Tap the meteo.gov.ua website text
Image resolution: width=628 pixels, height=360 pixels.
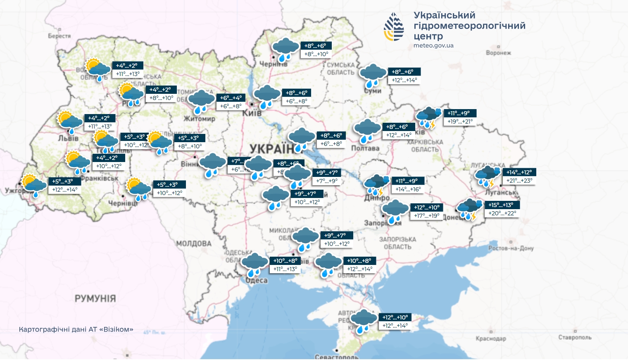pyautogui.click(x=433, y=45)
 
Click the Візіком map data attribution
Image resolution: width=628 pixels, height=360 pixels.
pyautogui.click(x=76, y=329)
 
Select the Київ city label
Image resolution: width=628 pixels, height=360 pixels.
pyautogui.click(x=252, y=113)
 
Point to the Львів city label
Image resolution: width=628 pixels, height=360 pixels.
pyautogui.click(x=68, y=138)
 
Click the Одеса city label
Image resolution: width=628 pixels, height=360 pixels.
pyautogui.click(x=257, y=280)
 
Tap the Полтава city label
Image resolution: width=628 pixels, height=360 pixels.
pyautogui.click(x=365, y=148)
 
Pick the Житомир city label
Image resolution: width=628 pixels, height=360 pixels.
pyautogui.click(x=199, y=119)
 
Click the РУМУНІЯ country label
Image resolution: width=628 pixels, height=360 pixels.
pyautogui.click(x=95, y=298)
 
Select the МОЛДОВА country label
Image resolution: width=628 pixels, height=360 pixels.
pyautogui.click(x=194, y=244)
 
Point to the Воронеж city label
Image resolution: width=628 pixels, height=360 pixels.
pyautogui.click(x=498, y=53)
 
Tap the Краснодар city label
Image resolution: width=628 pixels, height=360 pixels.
pyautogui.click(x=491, y=339)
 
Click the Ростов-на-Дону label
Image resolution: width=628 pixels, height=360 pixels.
pyautogui.click(x=511, y=248)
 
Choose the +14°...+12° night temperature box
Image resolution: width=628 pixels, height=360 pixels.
pyautogui.click(x=519, y=172)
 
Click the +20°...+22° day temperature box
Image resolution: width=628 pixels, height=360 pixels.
pyautogui.click(x=502, y=213)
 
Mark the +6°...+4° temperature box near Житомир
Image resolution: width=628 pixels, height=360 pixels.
pyautogui.click(x=231, y=98)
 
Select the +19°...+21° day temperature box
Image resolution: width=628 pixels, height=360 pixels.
pyautogui.click(x=460, y=122)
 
